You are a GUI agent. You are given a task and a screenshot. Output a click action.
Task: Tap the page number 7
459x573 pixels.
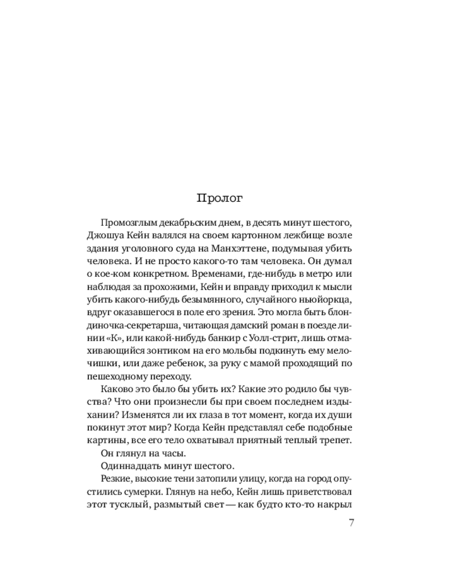351,522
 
